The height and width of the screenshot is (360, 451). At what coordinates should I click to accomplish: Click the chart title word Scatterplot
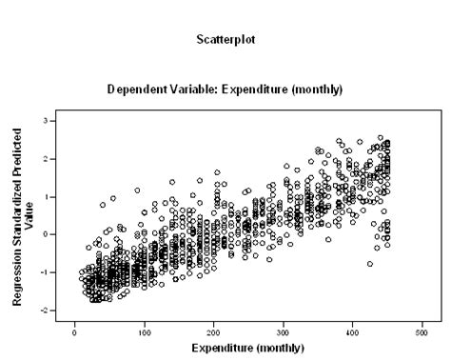click(x=225, y=40)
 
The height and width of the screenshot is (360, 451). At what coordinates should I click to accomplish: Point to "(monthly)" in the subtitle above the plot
click(x=319, y=90)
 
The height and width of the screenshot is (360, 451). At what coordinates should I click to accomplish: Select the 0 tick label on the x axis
click(x=75, y=331)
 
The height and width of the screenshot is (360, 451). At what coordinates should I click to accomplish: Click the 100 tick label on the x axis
click(x=145, y=331)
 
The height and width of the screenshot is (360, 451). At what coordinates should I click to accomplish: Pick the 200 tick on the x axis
click(x=214, y=331)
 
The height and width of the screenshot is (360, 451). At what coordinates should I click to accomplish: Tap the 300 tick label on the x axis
click(x=284, y=331)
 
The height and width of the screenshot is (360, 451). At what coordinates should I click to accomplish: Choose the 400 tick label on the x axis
click(x=353, y=331)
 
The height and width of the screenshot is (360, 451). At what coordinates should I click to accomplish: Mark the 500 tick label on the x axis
click(x=422, y=331)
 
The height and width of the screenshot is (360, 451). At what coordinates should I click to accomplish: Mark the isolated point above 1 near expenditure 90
click(x=137, y=190)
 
